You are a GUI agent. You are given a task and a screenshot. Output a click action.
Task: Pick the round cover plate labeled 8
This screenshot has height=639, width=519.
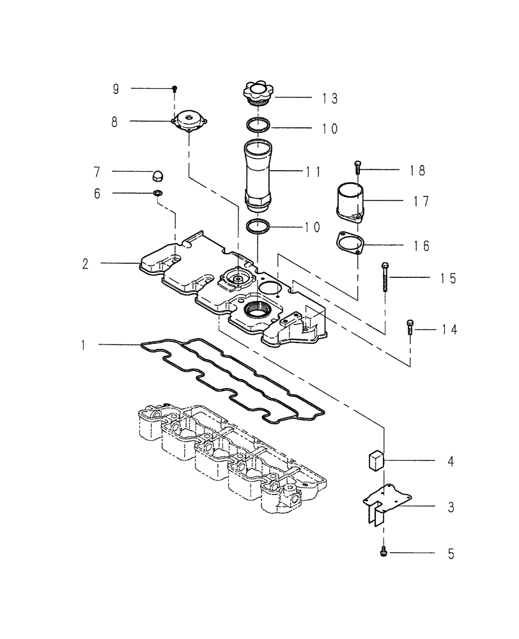pos(189,121)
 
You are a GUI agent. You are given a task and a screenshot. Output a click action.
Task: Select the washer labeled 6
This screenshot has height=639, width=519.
pos(157,194)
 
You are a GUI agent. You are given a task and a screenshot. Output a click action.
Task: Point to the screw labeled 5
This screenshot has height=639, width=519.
pos(383,551)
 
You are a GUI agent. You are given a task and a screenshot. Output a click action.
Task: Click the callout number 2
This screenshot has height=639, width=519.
pos(85,263)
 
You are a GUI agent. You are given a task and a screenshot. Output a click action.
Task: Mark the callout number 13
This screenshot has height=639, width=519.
pos(330,98)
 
